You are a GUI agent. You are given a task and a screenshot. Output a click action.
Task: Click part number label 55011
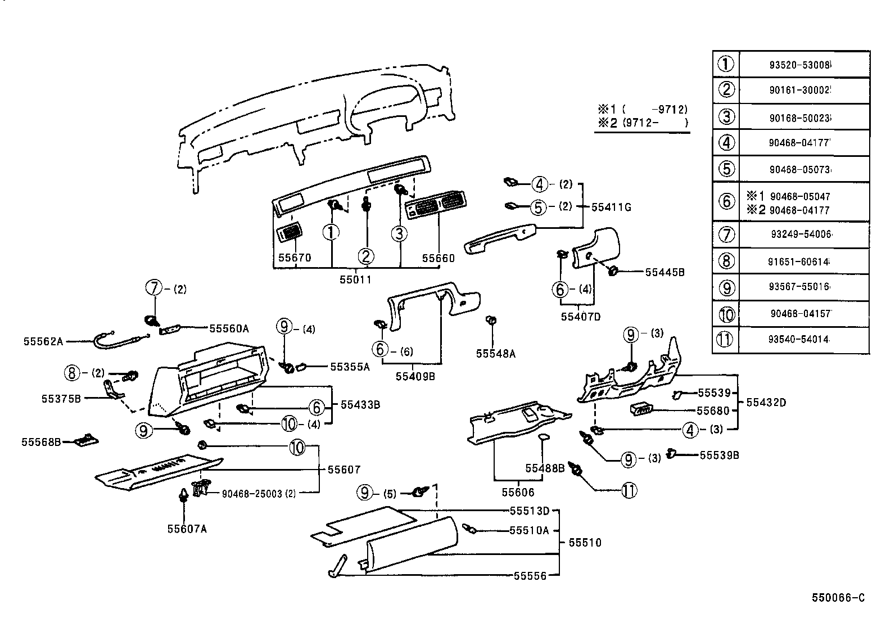click(x=355, y=279)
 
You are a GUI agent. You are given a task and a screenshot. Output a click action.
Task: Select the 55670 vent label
click(x=295, y=258)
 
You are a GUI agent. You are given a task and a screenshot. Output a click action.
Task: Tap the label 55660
click(x=439, y=258)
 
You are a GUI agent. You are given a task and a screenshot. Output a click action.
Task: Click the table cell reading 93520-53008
click(x=800, y=65)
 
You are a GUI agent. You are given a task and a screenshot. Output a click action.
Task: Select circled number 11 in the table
click(x=726, y=340)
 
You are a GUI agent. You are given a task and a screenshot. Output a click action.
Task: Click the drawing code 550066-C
click(x=837, y=598)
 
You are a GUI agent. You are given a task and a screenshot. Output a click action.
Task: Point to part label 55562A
click(x=43, y=341)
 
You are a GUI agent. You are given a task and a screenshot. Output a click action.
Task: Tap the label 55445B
click(x=665, y=272)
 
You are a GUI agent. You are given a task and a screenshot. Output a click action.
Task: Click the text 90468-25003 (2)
click(x=259, y=494)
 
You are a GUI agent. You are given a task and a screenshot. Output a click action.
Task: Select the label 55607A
click(x=187, y=529)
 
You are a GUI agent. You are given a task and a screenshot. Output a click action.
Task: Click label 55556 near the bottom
click(x=530, y=576)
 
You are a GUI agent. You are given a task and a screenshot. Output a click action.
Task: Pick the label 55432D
click(x=766, y=403)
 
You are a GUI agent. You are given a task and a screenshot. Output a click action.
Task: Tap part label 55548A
click(x=495, y=353)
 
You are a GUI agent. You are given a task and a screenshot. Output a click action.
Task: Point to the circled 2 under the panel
click(x=366, y=257)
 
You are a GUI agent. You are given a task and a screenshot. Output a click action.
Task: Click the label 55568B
click(x=41, y=442)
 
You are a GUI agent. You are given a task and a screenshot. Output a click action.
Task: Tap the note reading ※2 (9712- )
click(x=642, y=122)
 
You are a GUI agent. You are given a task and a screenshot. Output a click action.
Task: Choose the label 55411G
click(x=611, y=207)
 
